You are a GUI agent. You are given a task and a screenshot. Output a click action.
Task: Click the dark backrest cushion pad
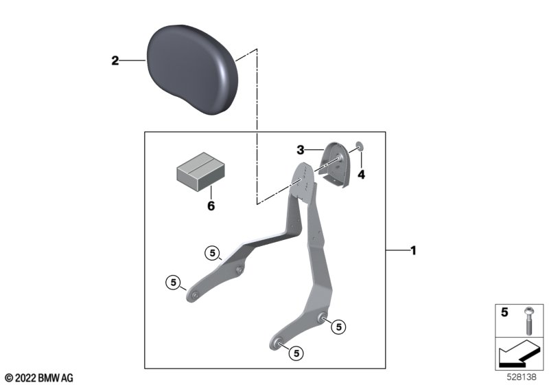point(192,69)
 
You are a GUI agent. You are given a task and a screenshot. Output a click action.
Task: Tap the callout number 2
point(115,60)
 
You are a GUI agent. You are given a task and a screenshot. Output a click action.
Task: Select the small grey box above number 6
point(200,172)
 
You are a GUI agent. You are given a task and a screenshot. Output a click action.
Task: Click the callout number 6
point(211,206)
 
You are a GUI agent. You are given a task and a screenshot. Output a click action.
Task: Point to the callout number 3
point(301,150)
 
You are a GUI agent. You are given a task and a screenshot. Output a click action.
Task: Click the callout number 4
point(362,174)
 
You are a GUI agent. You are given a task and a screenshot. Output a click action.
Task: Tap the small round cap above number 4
point(360,145)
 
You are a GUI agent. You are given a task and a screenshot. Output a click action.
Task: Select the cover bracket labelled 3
point(334,165)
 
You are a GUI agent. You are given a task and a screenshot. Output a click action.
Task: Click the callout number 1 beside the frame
point(414,250)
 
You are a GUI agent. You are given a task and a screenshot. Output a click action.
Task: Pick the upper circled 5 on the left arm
point(213,253)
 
